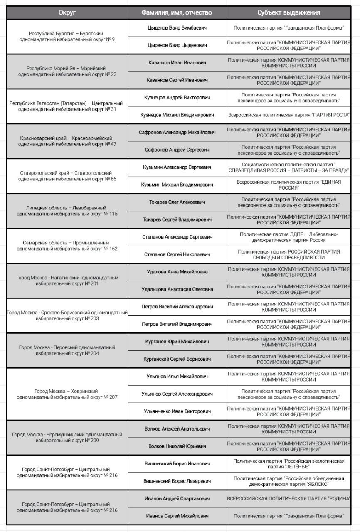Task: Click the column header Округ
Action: [67, 12]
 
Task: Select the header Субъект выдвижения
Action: [288, 12]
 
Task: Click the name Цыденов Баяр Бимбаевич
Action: [177, 28]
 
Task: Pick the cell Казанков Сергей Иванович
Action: [177, 80]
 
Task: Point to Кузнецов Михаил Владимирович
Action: [177, 115]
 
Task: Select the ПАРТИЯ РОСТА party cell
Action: [288, 115]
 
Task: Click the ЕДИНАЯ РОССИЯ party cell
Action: [288, 185]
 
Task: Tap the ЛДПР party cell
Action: [288, 237]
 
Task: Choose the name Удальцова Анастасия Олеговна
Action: [177, 289]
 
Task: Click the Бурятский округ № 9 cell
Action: [67, 37]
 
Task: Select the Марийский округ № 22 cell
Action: [67, 71]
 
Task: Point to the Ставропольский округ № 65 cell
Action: [67, 176]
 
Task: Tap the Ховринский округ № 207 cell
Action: [67, 394]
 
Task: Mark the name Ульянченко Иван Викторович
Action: [177, 411]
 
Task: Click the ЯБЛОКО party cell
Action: [288, 481]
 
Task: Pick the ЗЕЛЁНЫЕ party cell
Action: [288, 464]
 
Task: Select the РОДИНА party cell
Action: [288, 499]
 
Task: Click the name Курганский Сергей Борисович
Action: [177, 359]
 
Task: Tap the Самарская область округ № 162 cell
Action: [67, 246]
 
